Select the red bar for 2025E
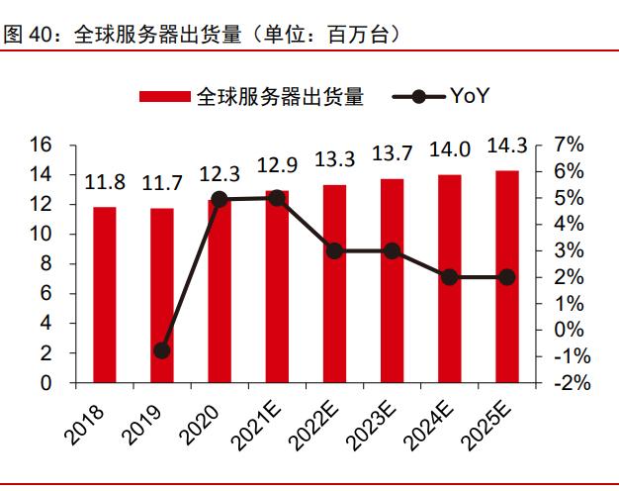click(x=507, y=277)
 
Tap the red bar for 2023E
click(x=393, y=281)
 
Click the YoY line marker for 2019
click(x=162, y=350)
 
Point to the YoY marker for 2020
click(x=220, y=199)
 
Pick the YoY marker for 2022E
click(x=335, y=251)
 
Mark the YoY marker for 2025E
click(x=507, y=277)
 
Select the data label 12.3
click(x=220, y=174)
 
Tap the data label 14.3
click(x=507, y=147)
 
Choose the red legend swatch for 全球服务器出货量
click(x=164, y=97)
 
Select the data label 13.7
click(x=393, y=155)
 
